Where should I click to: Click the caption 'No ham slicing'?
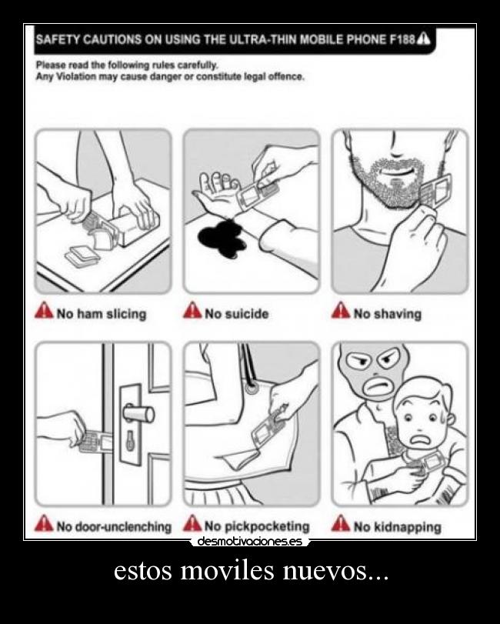coord(102,314)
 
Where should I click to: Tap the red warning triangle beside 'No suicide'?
coord(192,310)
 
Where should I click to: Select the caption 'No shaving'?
coord(388,314)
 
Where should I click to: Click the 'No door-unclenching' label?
coord(114,526)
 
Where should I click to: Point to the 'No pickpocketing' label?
coord(257,526)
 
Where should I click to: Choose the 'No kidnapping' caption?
coord(398,527)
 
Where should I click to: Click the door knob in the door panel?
coord(138,413)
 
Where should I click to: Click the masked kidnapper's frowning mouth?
coord(378,385)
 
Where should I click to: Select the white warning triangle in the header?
coord(423,38)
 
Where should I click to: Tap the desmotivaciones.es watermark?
coord(249,541)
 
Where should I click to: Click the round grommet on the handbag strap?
coord(251,388)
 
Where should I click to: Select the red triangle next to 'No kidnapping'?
coord(341,523)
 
